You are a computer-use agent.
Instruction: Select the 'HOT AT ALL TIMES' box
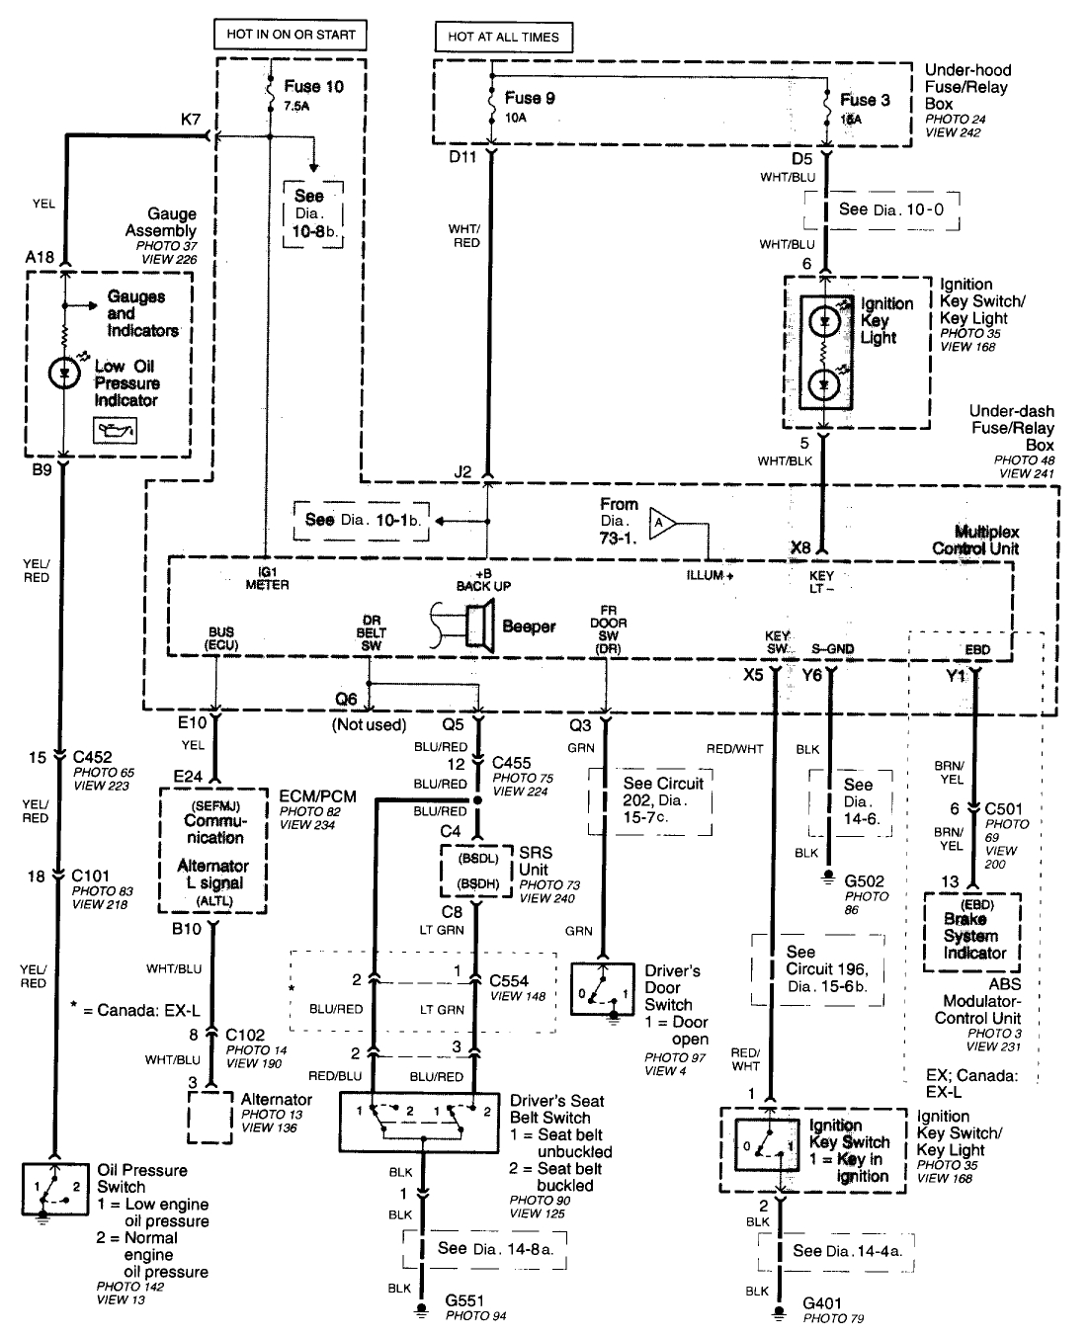point(503,37)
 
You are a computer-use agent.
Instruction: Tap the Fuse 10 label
point(313,87)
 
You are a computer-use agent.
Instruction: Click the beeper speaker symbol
point(473,627)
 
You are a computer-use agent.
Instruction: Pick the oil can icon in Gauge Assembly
point(115,430)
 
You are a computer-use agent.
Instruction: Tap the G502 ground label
point(864,880)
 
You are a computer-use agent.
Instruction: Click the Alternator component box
point(210,1118)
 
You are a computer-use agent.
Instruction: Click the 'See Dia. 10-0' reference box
point(882,209)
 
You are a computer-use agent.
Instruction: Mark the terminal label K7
point(191,119)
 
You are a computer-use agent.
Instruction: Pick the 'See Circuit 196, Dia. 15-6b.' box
point(812,967)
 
